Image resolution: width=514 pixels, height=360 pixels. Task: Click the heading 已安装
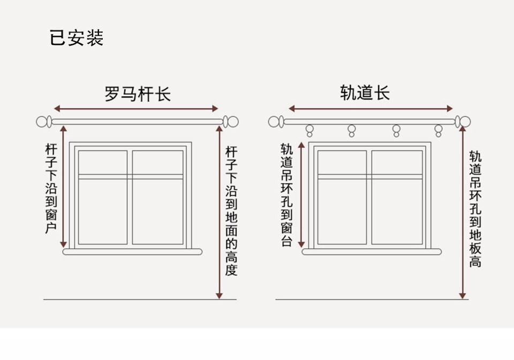tap(76, 38)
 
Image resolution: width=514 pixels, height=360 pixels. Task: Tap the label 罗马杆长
tap(138, 94)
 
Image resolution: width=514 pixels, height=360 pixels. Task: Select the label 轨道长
tap(365, 93)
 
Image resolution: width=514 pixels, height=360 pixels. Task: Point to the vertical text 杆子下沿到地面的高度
tap(231, 211)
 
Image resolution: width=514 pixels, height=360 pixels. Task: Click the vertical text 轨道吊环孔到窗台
tap(287, 194)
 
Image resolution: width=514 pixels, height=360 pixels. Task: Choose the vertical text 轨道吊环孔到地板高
tap(475, 209)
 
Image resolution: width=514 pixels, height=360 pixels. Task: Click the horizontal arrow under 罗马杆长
tap(138, 108)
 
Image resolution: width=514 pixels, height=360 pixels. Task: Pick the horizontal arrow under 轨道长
tap(371, 109)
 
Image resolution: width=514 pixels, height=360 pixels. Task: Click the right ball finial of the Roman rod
tap(231, 122)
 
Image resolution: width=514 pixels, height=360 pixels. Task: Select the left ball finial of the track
tap(276, 122)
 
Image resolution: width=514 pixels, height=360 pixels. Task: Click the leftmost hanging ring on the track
tap(309, 130)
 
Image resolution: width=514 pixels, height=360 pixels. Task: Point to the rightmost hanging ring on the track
tap(439, 130)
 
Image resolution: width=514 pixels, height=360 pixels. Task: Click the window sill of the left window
tap(132, 251)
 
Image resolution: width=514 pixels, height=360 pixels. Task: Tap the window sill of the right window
tap(372, 251)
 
